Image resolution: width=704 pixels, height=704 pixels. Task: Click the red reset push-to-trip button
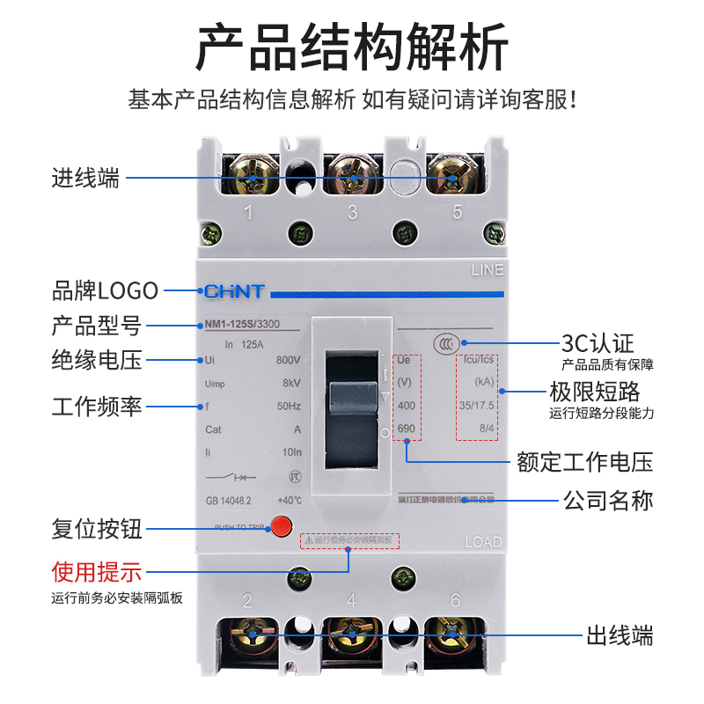(281, 527)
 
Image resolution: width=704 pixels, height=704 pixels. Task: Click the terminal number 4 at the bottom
(351, 601)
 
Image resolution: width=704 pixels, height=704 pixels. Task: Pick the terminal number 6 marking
(455, 601)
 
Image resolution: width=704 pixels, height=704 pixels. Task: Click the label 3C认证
(598, 342)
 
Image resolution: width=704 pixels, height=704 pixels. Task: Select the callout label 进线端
(85, 179)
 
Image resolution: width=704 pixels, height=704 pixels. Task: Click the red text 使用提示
(97, 573)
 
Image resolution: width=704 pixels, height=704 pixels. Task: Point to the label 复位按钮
(97, 530)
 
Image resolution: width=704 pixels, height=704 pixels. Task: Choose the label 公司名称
(608, 501)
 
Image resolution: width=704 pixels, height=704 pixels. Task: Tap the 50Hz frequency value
(289, 407)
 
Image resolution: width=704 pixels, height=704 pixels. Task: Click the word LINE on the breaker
(487, 270)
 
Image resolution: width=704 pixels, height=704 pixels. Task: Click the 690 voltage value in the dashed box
(406, 429)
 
